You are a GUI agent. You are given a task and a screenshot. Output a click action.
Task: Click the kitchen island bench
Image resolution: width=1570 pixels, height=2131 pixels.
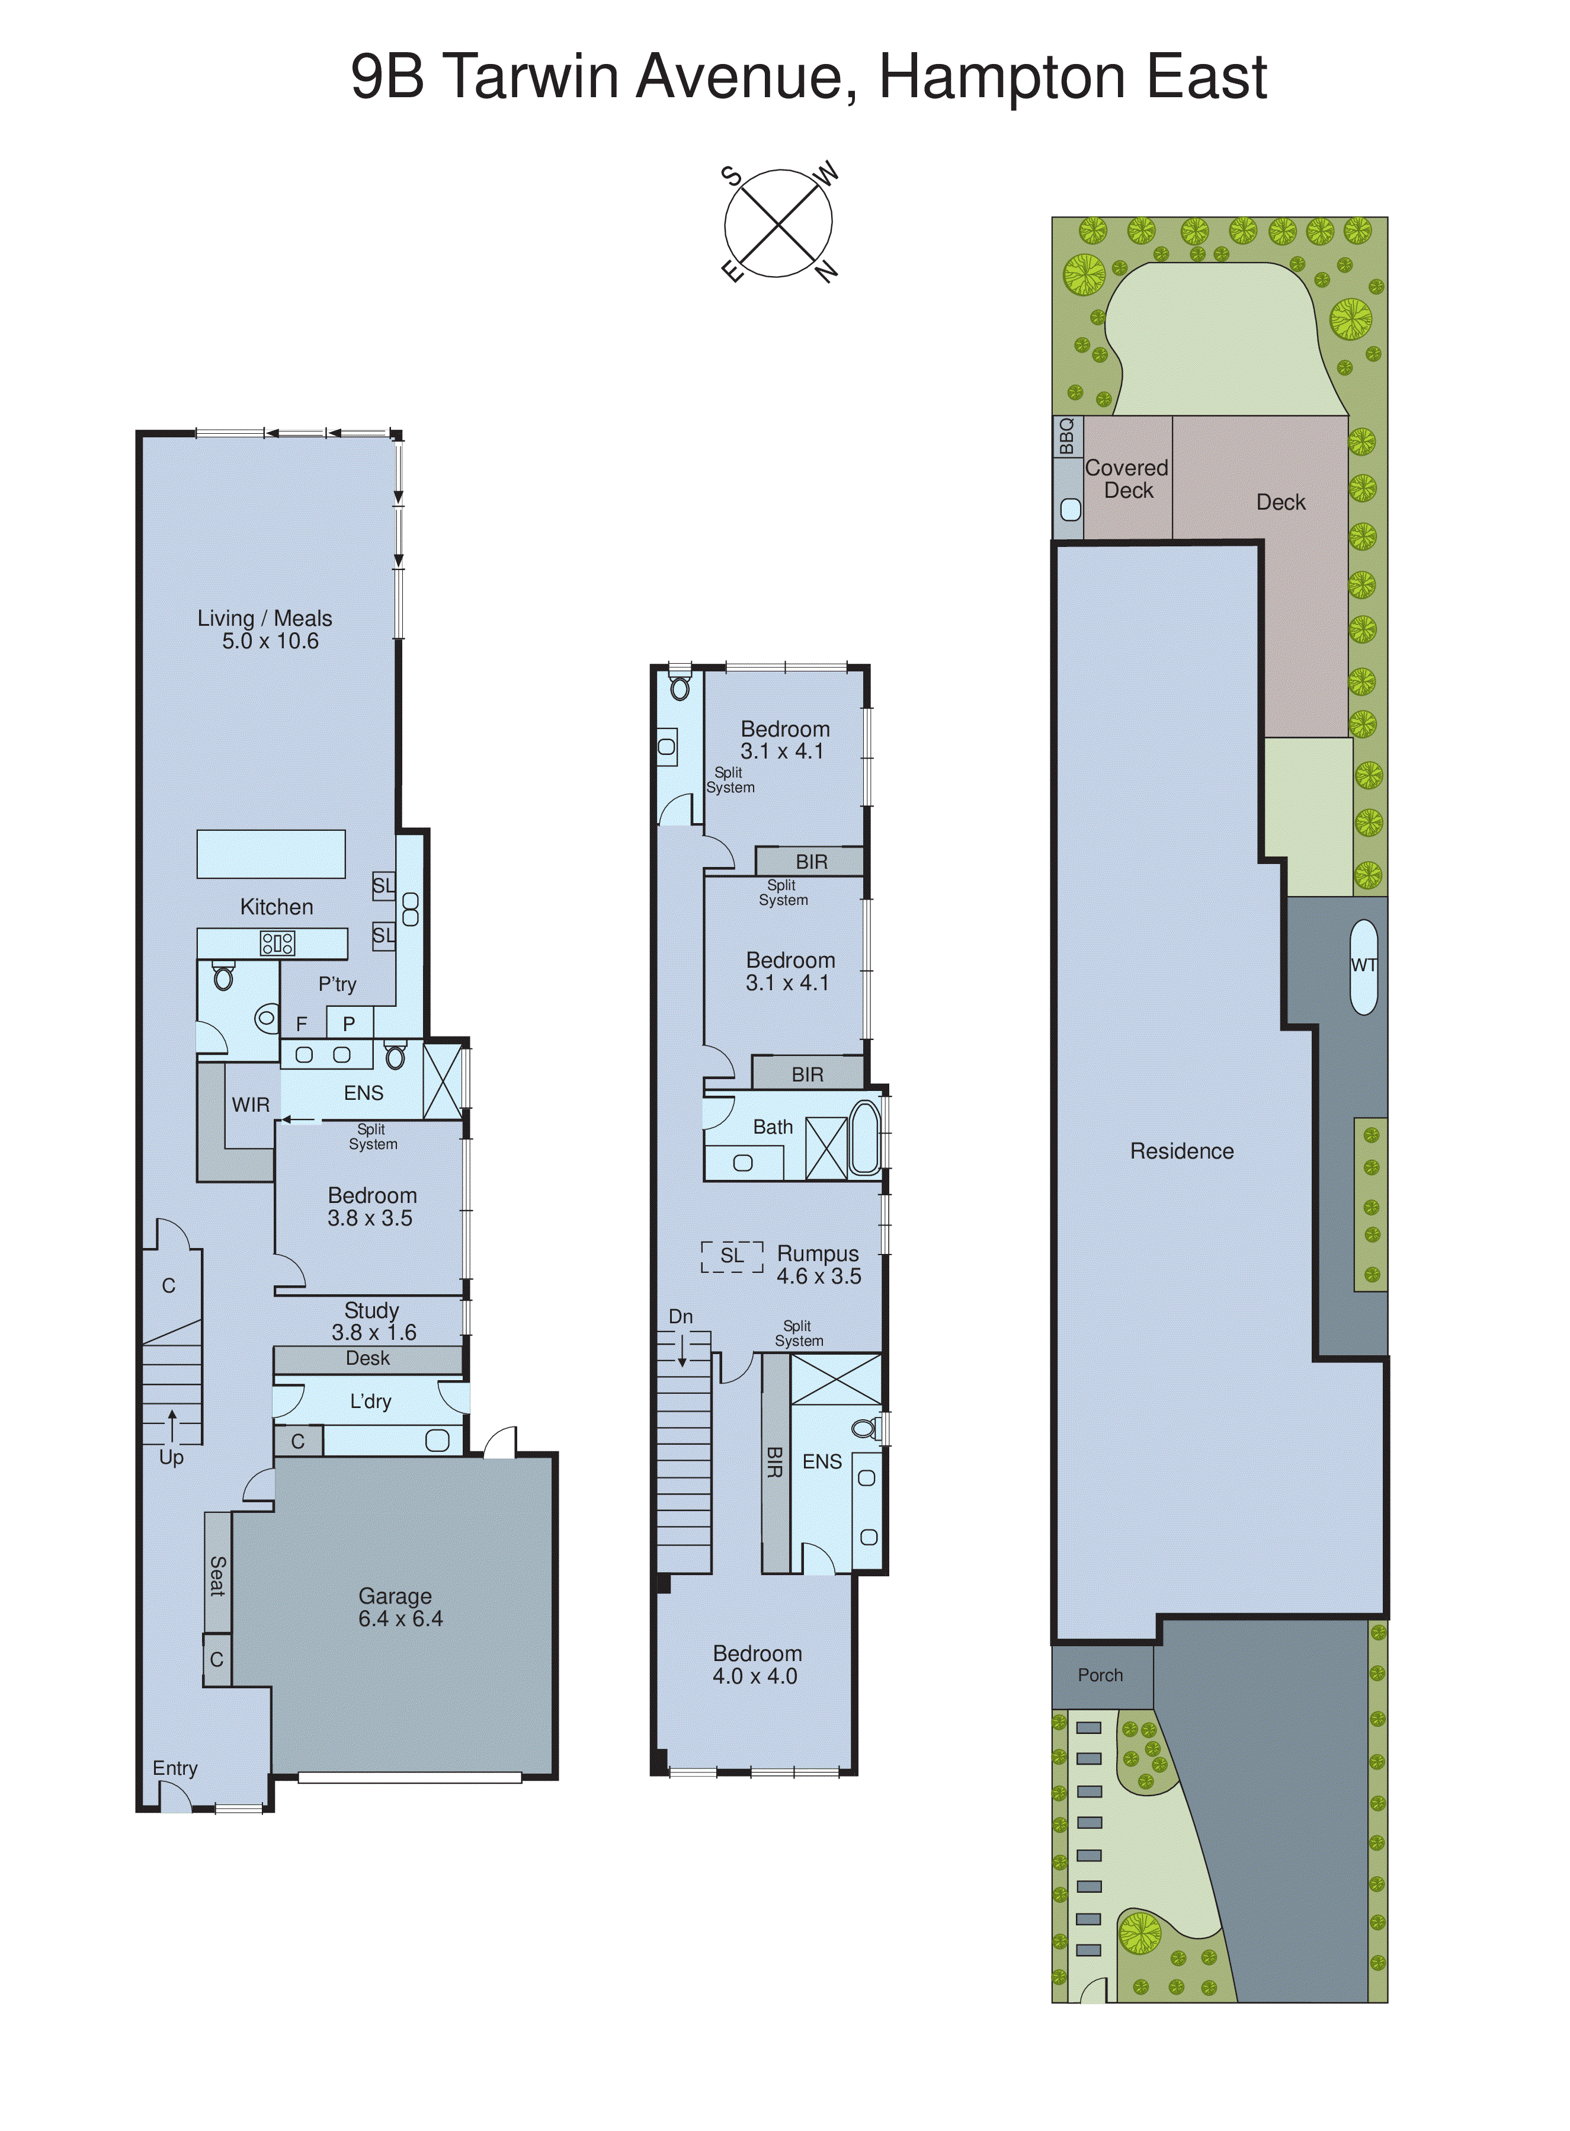click(271, 853)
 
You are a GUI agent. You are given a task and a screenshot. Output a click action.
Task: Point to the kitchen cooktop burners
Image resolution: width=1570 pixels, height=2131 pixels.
click(277, 943)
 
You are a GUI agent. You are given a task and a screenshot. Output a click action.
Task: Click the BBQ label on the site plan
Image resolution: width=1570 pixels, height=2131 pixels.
click(1066, 436)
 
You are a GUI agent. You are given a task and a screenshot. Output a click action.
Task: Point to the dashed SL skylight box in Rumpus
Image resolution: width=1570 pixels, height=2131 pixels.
click(732, 1256)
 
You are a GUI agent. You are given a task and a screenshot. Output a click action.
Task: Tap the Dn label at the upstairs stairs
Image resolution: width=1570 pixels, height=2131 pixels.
click(681, 1316)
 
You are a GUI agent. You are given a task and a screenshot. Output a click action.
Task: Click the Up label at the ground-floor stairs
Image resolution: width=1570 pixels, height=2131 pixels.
click(171, 1457)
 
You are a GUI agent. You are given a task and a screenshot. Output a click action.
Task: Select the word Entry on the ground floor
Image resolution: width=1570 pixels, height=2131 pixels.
click(175, 1768)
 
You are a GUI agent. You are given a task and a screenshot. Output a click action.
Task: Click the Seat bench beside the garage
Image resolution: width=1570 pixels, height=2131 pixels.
click(217, 1575)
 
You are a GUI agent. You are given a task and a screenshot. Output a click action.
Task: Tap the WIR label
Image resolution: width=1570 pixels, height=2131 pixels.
click(251, 1105)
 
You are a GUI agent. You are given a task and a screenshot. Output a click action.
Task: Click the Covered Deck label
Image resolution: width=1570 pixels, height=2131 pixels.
click(1127, 479)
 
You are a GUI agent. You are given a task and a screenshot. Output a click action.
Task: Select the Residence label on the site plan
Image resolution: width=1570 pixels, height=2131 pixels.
click(1181, 1151)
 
